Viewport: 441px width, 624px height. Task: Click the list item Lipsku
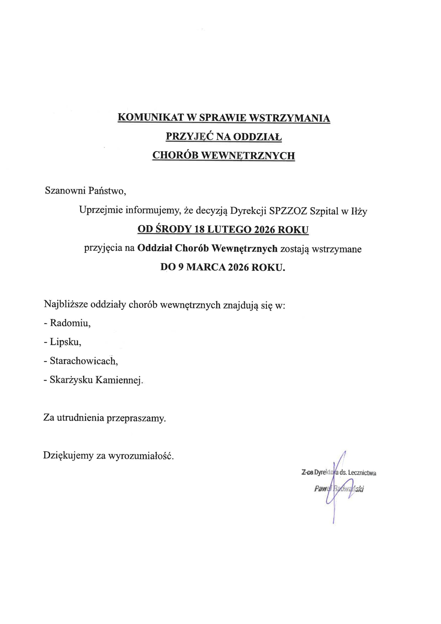pos(66,342)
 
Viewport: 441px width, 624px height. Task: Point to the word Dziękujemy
pos(68,455)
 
